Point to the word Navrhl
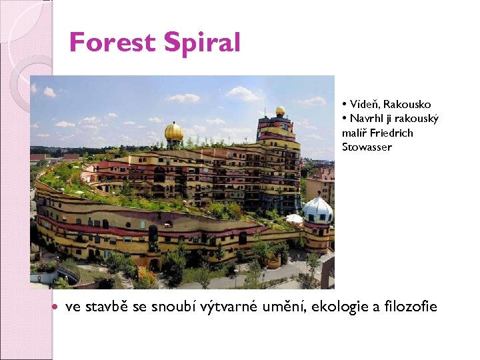[366, 119]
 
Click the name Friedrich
[391, 133]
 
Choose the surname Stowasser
[367, 147]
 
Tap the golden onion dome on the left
[174, 132]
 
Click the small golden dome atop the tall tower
[280, 111]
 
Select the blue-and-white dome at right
[317, 209]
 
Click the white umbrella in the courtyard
[294, 218]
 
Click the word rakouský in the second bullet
[419, 119]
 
